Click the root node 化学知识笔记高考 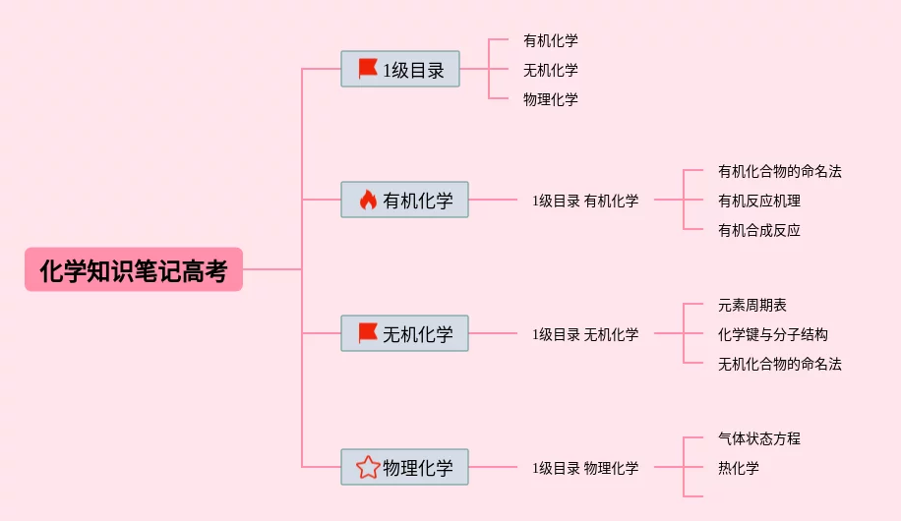tap(134, 269)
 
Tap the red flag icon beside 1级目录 tap(368, 69)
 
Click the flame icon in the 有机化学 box tap(368, 200)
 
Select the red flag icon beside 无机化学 tap(368, 333)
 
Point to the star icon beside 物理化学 tap(368, 467)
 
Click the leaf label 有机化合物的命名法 tap(779, 171)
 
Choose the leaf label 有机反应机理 tap(758, 201)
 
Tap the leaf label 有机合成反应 tap(758, 230)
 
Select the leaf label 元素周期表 tap(751, 305)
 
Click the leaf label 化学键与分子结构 tap(772, 334)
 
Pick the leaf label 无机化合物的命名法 tap(779, 364)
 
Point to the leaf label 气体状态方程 tap(758, 438)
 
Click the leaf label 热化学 tap(738, 468)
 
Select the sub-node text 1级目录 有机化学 tap(585, 201)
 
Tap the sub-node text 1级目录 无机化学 tap(585, 334)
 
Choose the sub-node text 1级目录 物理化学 tap(585, 468)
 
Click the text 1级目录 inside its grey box tap(414, 70)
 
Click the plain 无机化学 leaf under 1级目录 tap(551, 70)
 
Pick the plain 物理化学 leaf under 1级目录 tap(551, 99)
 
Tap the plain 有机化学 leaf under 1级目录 tap(551, 40)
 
